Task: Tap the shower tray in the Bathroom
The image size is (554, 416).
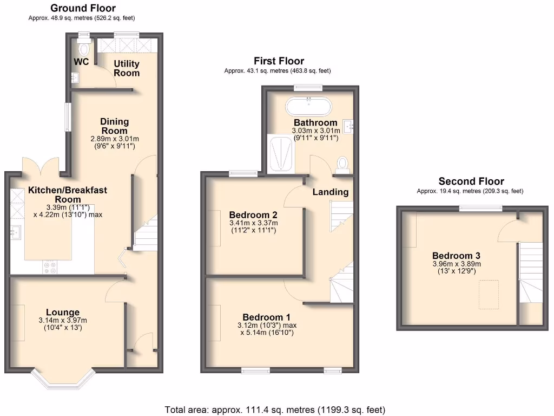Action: (x=281, y=154)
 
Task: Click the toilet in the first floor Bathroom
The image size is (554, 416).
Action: (x=341, y=163)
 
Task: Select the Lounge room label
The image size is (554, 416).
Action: (x=63, y=312)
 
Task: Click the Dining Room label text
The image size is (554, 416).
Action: (x=114, y=126)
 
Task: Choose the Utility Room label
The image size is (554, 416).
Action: (x=126, y=68)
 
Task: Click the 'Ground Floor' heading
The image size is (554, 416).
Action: (x=82, y=8)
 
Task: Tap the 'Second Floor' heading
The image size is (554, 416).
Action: (x=471, y=181)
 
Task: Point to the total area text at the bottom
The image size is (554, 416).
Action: (x=275, y=409)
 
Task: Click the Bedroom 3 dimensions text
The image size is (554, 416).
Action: (x=456, y=268)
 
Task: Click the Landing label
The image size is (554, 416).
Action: (x=330, y=192)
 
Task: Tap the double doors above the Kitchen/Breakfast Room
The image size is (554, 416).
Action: (x=41, y=165)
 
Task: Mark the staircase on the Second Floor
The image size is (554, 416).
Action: (x=530, y=271)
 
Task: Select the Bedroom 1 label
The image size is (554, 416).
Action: (x=267, y=317)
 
